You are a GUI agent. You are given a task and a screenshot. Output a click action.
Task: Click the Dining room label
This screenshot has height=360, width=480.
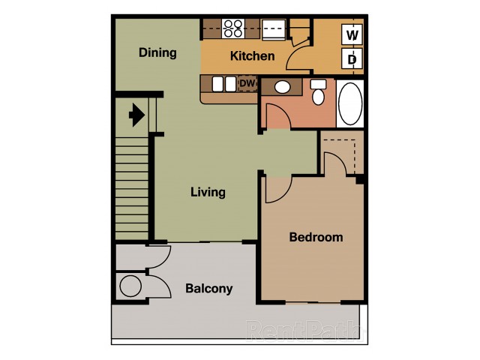click(x=157, y=52)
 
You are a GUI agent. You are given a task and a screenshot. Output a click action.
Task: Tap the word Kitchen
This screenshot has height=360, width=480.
click(x=252, y=56)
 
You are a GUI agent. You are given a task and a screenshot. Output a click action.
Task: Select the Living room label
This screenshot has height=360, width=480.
click(x=208, y=192)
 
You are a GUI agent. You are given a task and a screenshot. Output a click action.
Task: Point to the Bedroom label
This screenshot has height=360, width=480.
click(x=316, y=237)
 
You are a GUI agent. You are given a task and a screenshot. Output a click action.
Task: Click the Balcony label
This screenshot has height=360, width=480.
click(x=209, y=288)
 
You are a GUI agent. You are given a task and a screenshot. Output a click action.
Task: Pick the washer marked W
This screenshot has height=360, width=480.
click(x=352, y=34)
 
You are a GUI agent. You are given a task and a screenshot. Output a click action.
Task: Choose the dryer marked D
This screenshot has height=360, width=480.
click(x=352, y=58)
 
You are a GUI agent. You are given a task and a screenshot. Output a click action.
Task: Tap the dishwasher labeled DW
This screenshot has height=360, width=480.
click(x=247, y=83)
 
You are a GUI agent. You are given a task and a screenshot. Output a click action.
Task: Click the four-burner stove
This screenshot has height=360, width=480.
click(x=233, y=28)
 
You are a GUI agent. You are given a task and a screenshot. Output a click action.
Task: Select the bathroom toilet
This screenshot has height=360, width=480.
click(x=318, y=92)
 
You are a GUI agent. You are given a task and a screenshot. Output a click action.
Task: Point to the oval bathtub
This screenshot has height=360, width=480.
click(x=350, y=103)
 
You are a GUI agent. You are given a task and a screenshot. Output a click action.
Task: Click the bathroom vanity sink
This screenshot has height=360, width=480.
click(x=282, y=87)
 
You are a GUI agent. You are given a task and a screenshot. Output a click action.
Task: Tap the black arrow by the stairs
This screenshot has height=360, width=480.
click(x=136, y=115)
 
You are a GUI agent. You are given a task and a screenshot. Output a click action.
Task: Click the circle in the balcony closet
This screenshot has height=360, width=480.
click(x=130, y=286)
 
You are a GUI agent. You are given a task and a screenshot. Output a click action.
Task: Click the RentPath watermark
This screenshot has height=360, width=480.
click(x=304, y=331)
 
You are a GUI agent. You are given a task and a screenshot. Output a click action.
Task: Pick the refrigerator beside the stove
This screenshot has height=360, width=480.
click(x=274, y=29)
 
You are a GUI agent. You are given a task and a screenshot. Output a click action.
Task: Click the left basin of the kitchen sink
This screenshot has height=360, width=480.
click(x=217, y=84)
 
